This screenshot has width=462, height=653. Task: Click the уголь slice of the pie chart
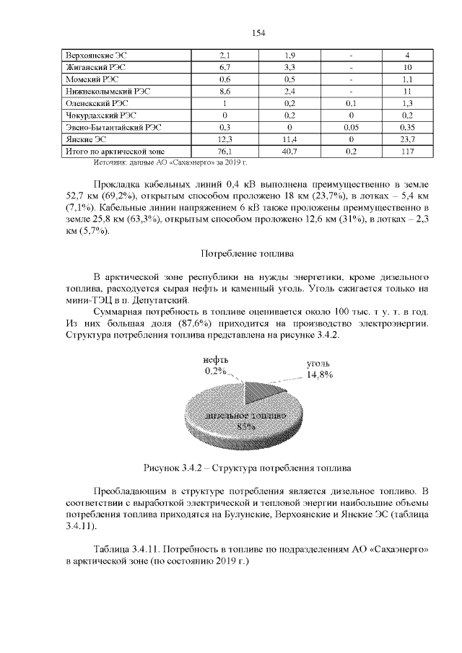coord(260,394)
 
